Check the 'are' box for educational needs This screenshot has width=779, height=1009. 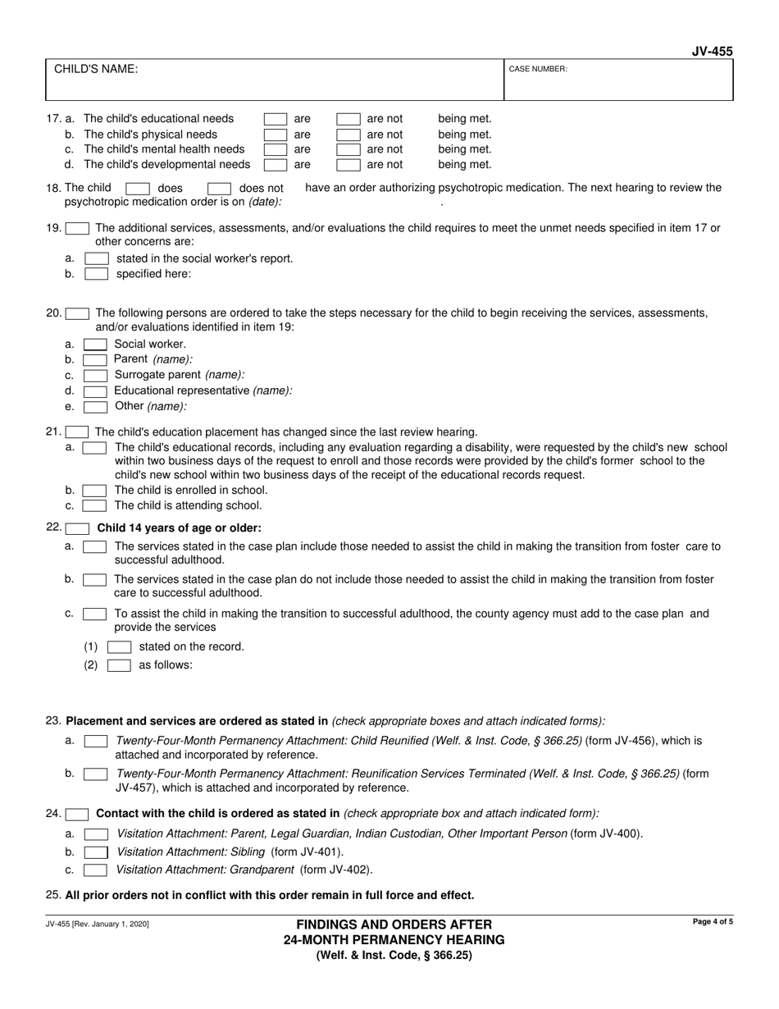tap(276, 119)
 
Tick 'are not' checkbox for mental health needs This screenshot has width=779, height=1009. tap(349, 149)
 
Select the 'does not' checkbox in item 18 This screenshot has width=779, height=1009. tap(219, 189)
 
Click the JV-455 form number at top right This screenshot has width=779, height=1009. tap(712, 52)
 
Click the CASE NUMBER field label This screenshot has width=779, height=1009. tap(538, 70)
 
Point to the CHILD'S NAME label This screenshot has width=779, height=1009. tap(96, 69)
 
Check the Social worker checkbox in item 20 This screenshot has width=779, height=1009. tap(95, 345)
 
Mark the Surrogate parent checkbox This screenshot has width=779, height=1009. tap(95, 375)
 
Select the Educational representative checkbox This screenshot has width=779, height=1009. tap(95, 390)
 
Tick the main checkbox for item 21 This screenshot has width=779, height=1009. tap(77, 431)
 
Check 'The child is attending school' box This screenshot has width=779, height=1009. tap(95, 505)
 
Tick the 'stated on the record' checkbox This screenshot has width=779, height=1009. tap(120, 646)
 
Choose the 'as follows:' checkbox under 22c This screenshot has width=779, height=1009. tap(120, 665)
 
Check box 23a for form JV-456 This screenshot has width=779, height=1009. tap(95, 741)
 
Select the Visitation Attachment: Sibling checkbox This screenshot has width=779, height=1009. tap(96, 852)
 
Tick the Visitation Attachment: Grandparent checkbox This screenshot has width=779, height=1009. tap(96, 870)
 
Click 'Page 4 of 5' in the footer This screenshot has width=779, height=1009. tap(713, 923)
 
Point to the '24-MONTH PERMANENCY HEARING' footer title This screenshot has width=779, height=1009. tap(394, 939)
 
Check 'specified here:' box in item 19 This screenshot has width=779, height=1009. tap(96, 274)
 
